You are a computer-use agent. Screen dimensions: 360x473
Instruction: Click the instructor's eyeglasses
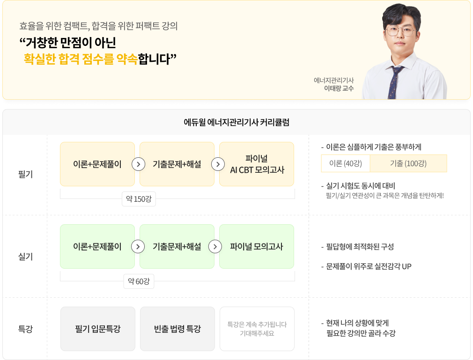point(400,31)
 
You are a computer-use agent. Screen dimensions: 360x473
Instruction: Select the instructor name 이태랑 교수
point(339,88)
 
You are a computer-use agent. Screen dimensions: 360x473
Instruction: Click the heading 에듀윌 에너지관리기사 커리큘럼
point(236,123)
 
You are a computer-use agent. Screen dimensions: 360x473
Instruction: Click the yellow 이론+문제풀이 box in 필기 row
point(97,164)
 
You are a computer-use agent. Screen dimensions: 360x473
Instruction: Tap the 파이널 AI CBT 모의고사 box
point(257,164)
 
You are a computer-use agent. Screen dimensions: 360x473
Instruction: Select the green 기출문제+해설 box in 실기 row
point(177,247)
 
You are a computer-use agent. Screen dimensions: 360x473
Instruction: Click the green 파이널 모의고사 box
point(257,247)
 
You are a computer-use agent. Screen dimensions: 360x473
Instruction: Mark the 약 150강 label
point(138,199)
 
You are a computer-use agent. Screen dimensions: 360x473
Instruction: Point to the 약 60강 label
point(138,281)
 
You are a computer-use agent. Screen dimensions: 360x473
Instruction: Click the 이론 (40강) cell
point(346,163)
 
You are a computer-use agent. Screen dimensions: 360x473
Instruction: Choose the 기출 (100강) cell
point(408,163)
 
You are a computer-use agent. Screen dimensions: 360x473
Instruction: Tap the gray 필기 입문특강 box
point(98,329)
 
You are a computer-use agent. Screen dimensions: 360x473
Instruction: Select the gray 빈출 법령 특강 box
point(177,329)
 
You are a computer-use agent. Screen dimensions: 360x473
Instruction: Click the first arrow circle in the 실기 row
point(137,247)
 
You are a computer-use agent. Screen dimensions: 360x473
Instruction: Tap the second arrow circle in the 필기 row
point(217,164)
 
